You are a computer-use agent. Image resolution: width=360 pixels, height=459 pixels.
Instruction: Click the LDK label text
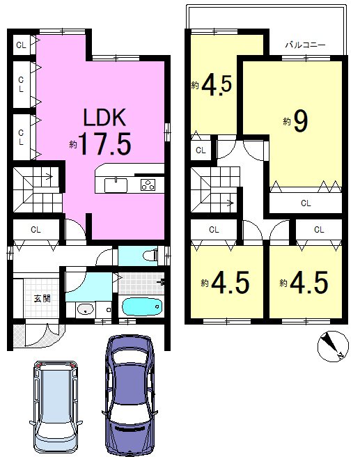coord(104,117)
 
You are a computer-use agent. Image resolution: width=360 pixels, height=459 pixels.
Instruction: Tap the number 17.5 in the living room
coord(105,143)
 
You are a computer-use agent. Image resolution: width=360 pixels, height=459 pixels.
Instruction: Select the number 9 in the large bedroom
coord(300,120)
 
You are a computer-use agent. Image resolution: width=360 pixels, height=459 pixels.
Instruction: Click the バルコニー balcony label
coord(305,45)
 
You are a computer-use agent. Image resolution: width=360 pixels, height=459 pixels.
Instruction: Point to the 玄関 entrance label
coord(42,299)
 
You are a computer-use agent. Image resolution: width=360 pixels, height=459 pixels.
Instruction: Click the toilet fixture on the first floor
coord(150,256)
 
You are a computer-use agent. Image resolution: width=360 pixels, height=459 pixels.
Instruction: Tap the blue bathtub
coord(142,306)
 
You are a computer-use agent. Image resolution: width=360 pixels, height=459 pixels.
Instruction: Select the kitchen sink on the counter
coord(116,185)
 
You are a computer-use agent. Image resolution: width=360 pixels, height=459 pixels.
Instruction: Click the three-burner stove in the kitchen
coord(148,185)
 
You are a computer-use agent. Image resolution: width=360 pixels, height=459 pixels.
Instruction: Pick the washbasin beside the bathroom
coord(85,309)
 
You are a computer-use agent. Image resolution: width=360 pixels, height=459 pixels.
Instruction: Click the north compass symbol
coord(333,346)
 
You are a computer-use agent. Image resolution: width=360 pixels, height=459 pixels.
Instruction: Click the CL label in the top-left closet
coord(21,45)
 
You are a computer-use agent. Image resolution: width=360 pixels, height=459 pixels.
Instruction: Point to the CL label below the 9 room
coord(306,203)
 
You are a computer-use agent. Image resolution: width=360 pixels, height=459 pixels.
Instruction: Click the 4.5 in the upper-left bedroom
coord(217,85)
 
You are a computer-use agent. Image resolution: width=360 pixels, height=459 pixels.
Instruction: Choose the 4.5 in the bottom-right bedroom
coord(308,282)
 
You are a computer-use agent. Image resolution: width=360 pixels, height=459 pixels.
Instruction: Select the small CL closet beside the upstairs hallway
coord(201,150)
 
